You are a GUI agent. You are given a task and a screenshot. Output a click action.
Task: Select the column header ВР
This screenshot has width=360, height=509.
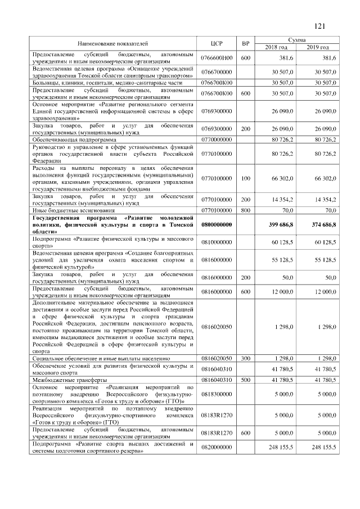(x=245, y=43)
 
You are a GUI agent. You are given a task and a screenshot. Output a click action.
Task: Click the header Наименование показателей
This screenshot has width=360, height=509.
(x=113, y=43)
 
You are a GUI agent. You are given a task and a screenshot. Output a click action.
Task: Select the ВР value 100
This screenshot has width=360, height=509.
(x=245, y=178)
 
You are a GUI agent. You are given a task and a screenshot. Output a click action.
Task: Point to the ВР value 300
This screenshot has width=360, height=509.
(x=245, y=358)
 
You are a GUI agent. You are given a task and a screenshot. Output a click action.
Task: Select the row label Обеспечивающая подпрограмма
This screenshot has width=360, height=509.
(x=74, y=138)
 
